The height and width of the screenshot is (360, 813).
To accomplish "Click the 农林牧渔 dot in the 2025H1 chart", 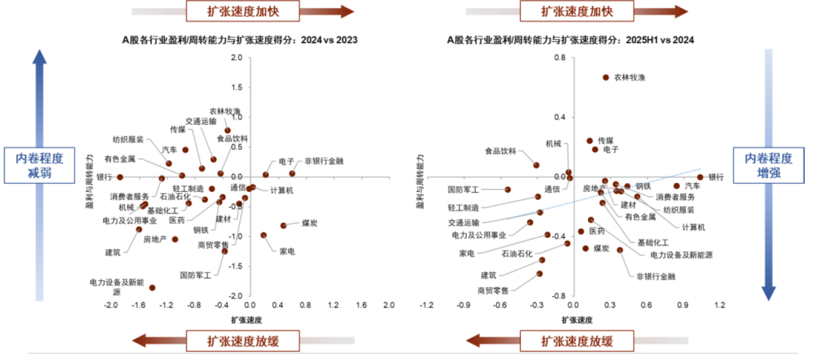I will pos(605,78).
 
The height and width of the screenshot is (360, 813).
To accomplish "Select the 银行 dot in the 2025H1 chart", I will pos(700,178).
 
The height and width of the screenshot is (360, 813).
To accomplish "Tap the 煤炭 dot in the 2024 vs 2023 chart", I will pos(284,225).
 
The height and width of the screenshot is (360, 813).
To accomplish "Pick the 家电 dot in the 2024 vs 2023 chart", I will pos(263,235).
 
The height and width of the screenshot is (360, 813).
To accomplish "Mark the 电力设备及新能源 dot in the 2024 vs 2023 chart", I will pos(152,288).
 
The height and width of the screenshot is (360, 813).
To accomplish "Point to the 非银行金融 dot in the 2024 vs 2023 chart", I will pos(292,173).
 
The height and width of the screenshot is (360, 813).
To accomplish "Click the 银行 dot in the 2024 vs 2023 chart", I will pos(120,178).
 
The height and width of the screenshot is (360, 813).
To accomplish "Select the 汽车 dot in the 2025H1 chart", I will pos(677,185).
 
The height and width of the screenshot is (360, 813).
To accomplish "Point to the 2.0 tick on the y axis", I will pos(236,57).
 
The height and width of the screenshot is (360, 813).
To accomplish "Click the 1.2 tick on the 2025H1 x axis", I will pos(720,305).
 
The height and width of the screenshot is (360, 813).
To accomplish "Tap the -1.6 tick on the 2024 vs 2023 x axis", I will pos(139,305).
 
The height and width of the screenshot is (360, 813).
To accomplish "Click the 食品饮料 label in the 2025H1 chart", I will pos(500,151).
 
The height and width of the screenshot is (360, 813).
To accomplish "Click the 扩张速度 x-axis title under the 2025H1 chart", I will pos(577,320).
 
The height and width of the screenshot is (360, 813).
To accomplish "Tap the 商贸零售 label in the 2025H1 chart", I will pos(493,289).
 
